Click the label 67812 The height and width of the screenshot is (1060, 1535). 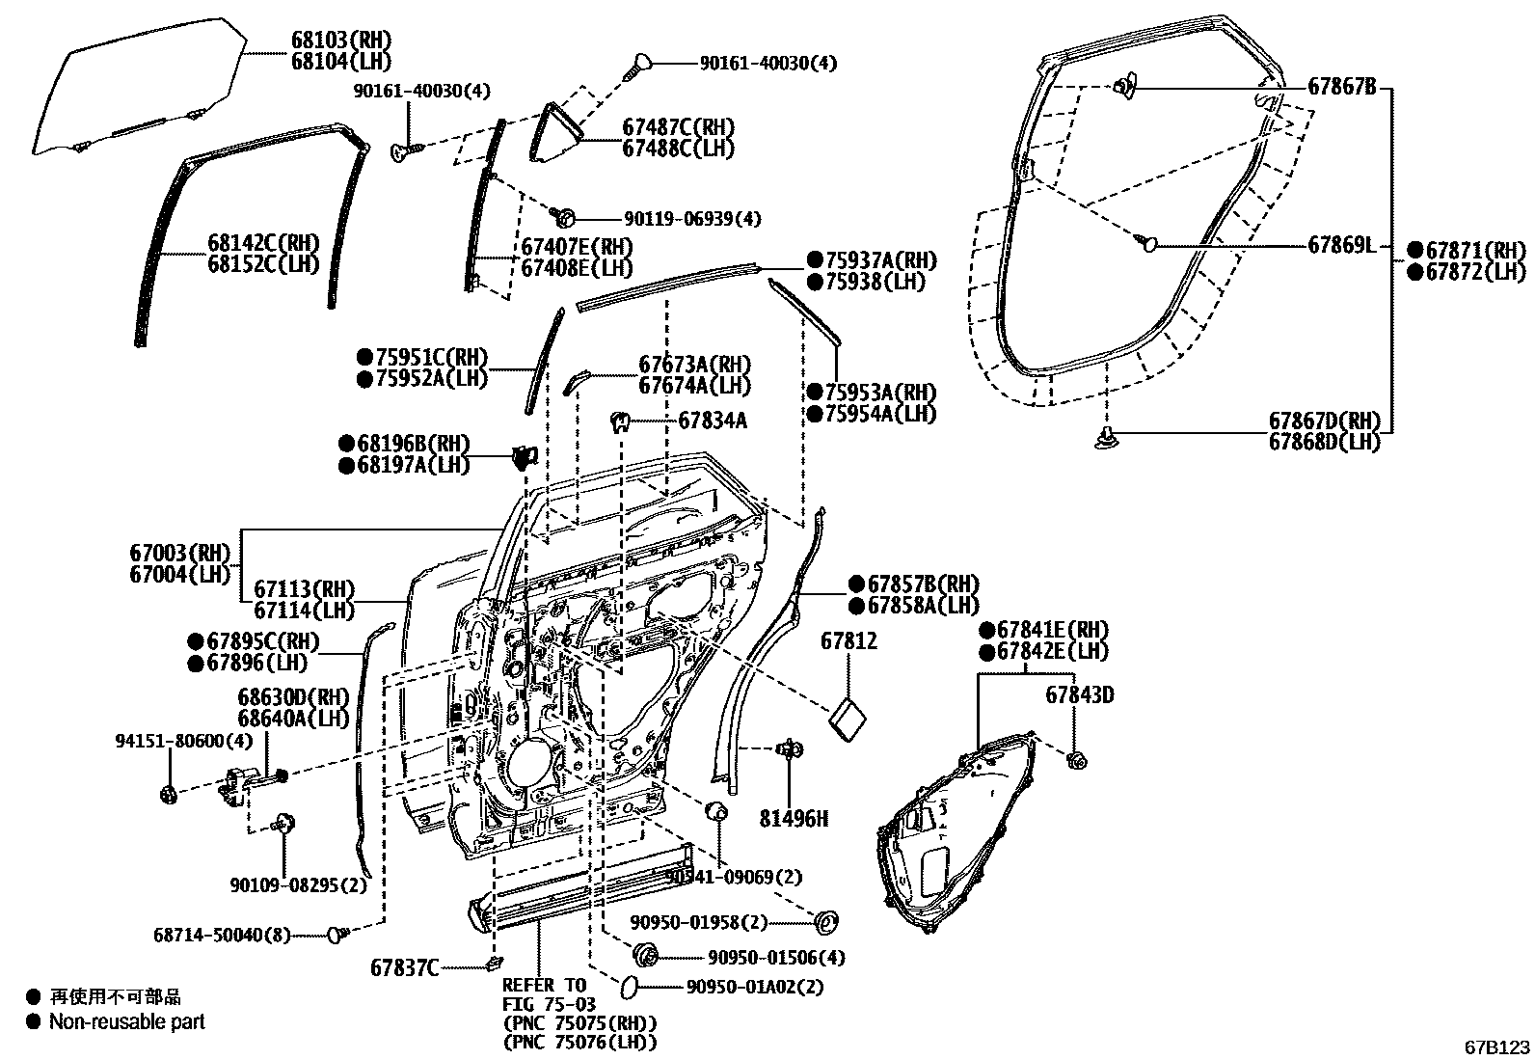click(848, 640)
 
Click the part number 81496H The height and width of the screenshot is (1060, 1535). click(794, 819)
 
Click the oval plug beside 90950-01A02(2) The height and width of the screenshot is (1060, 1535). click(628, 986)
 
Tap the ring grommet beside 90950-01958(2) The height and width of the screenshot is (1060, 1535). click(825, 922)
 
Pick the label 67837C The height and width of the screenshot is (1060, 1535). click(405, 966)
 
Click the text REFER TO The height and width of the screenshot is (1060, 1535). click(543, 985)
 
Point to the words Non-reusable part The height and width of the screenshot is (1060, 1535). click(127, 1021)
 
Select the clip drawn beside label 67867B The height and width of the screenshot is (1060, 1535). click(1123, 88)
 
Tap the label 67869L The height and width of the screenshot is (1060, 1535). click(1341, 245)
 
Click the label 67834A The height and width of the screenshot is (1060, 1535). click(712, 421)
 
